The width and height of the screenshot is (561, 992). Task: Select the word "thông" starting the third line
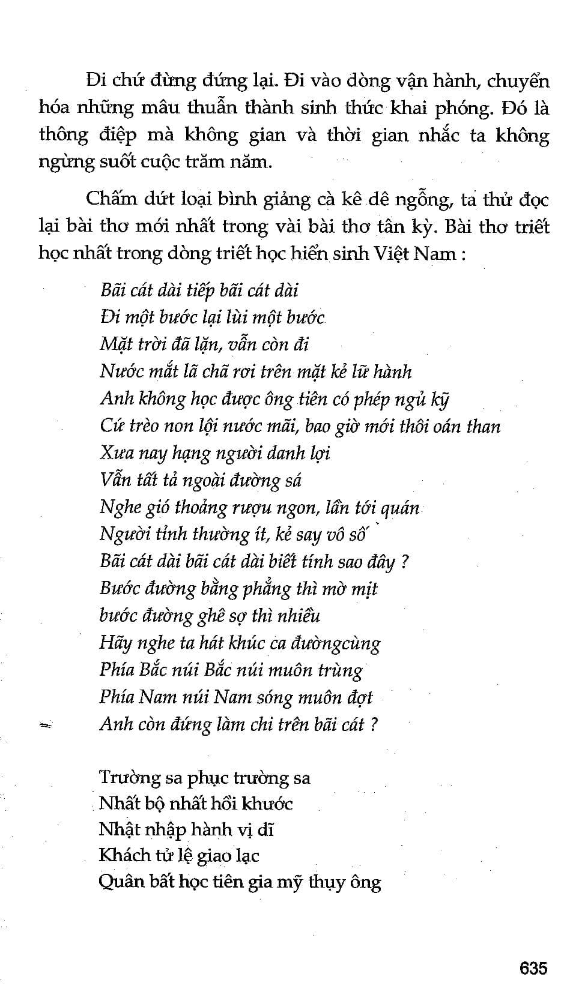click(x=64, y=135)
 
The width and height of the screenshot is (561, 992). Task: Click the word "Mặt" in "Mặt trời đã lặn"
click(x=113, y=345)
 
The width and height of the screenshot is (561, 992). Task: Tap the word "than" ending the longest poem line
click(x=484, y=426)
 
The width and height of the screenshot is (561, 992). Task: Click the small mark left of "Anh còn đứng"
click(x=45, y=725)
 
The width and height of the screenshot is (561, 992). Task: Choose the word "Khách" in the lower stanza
click(x=120, y=855)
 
